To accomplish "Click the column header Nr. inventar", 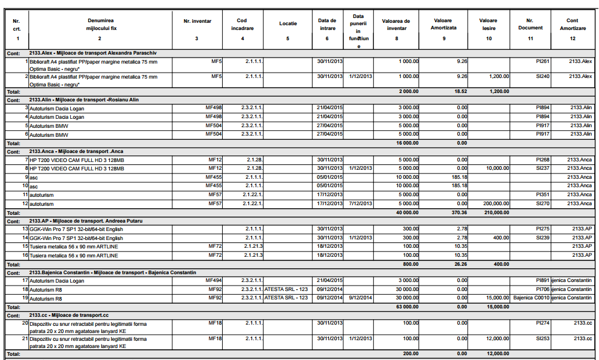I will [197, 22].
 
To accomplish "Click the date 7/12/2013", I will [359, 204].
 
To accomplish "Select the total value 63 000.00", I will [406, 306].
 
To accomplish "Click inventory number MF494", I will [213, 280].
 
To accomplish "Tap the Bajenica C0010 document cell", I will [531, 298].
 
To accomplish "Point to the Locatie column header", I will [287, 24].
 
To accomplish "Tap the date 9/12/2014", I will [359, 298].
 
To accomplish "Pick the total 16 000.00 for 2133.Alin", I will [406, 143].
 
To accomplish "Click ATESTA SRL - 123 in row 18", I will [286, 289].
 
